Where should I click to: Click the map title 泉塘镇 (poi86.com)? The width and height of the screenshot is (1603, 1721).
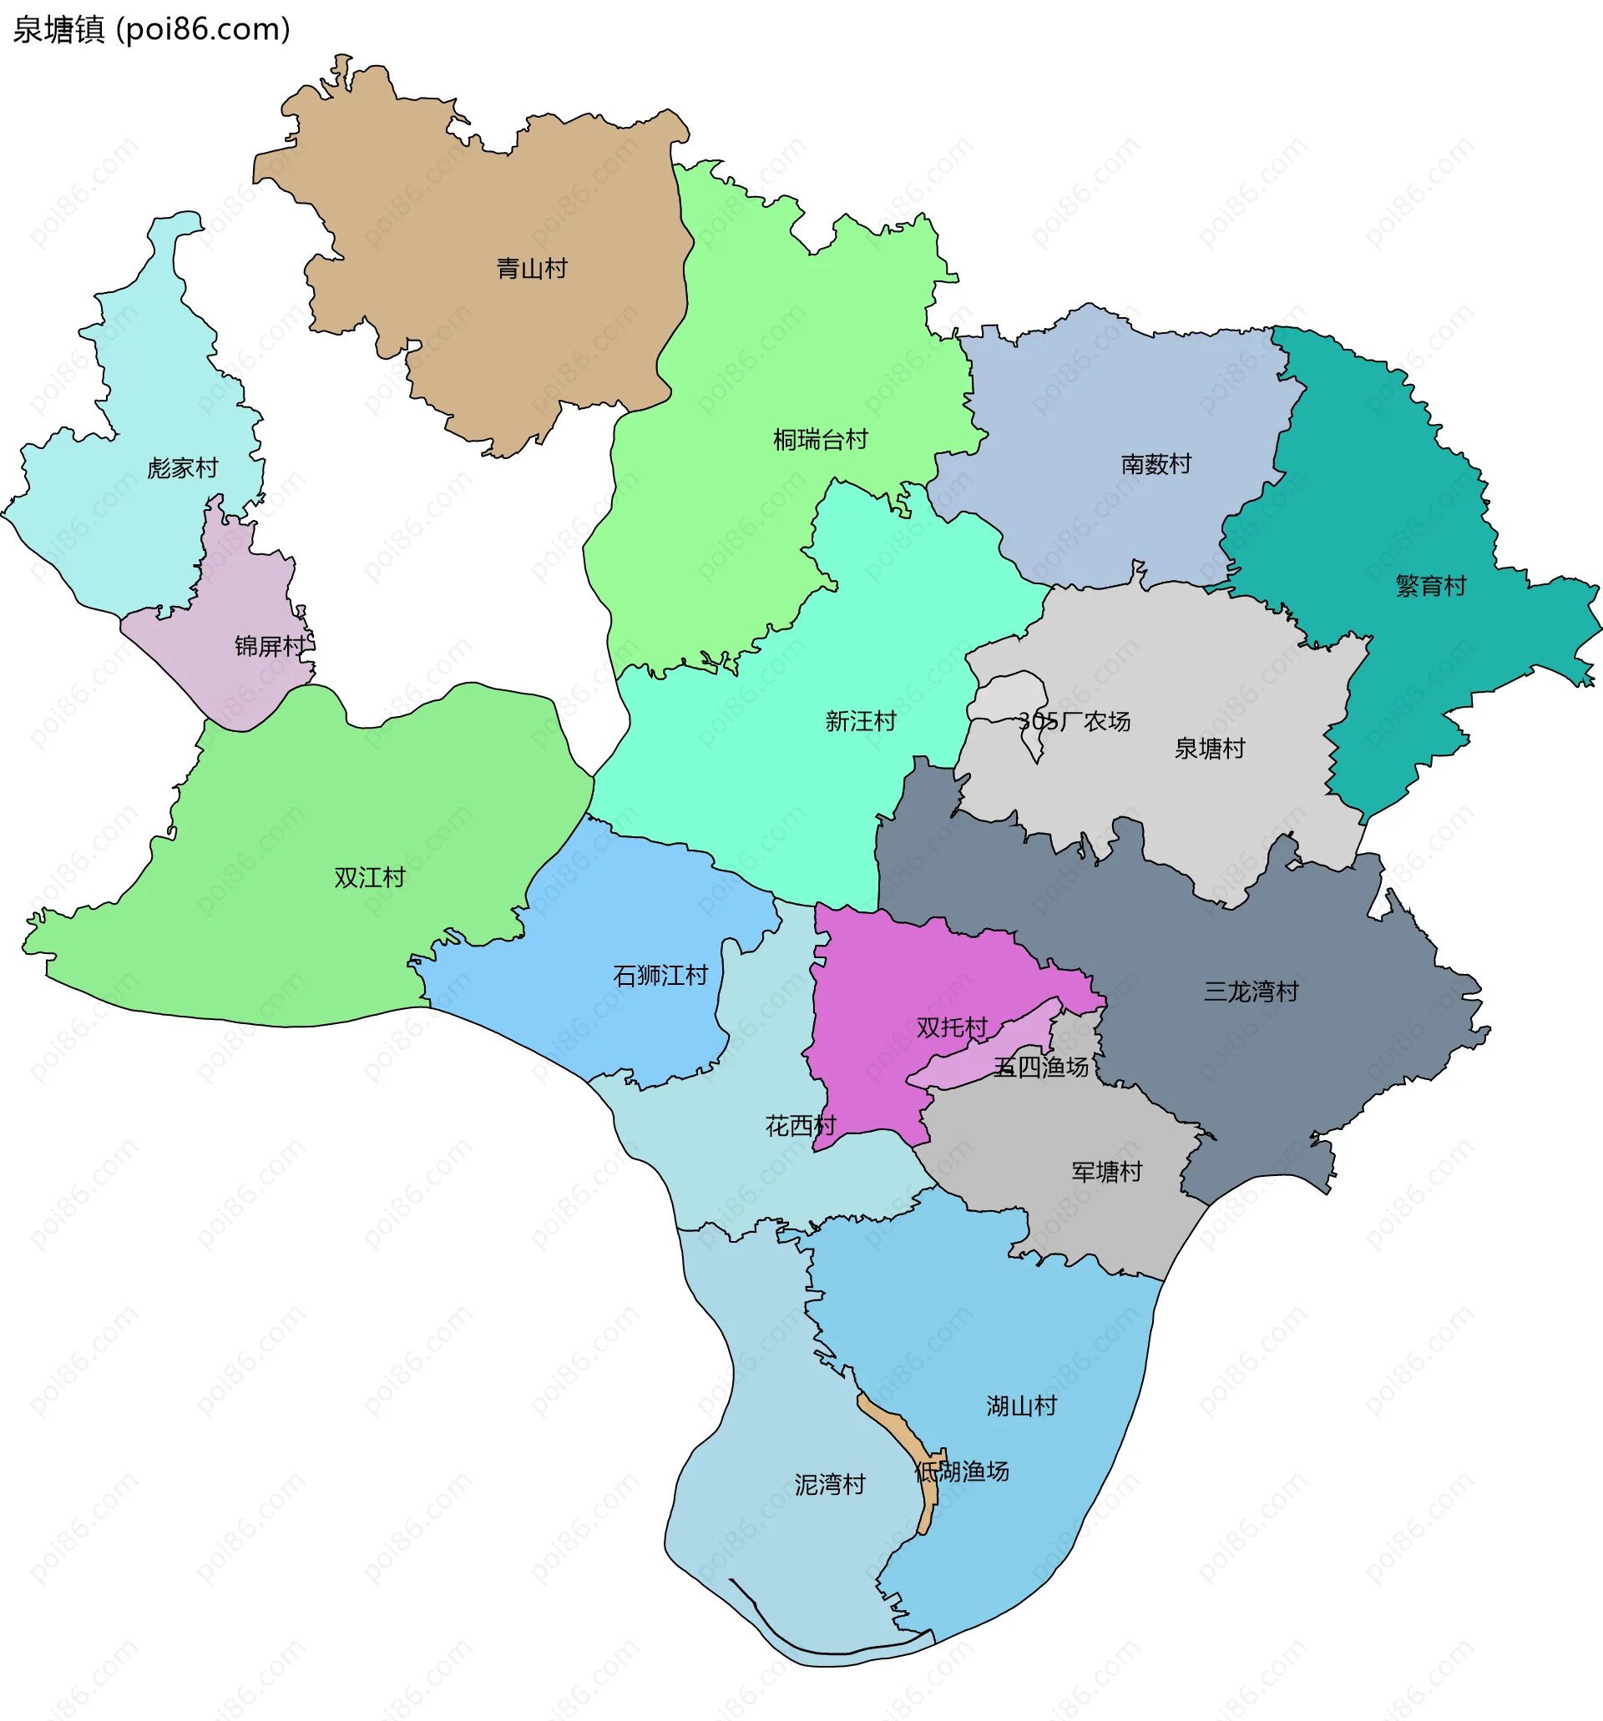[x=152, y=29]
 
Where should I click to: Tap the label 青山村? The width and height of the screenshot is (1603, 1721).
[x=532, y=269]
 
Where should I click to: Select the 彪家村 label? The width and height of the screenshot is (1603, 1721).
[x=183, y=468]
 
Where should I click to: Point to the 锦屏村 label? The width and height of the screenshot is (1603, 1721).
[x=271, y=646]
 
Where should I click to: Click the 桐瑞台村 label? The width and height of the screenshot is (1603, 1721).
[x=820, y=440]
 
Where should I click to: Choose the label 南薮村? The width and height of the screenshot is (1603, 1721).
[x=1156, y=464]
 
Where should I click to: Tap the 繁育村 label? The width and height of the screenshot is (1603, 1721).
[x=1431, y=586]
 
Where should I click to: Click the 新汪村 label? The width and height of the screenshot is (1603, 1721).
[x=860, y=721]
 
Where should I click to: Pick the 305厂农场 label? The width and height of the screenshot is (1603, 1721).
[x=1074, y=721]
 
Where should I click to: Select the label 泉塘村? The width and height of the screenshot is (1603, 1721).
[x=1209, y=748]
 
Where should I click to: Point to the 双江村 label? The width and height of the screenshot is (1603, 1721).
[x=370, y=878]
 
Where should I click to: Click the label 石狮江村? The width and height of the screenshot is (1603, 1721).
[x=660, y=976]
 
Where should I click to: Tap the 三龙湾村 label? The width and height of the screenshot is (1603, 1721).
[x=1251, y=992]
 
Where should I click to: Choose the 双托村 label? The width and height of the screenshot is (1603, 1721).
[x=952, y=1027]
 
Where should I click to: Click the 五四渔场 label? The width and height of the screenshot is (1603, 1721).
[x=1040, y=1067]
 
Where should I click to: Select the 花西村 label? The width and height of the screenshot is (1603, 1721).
[x=800, y=1126]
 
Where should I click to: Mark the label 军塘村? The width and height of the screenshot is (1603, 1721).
[x=1107, y=1172]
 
